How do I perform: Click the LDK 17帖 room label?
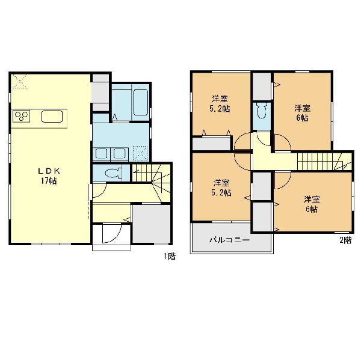pyautogui.click(x=49, y=176)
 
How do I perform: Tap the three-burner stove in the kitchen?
pyautogui.click(x=22, y=116)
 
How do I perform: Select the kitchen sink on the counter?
pyautogui.click(x=52, y=116)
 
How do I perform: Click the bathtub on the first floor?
pyautogui.click(x=140, y=102)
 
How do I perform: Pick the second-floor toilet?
pyautogui.click(x=261, y=111)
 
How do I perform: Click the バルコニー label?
pyautogui.click(x=230, y=240)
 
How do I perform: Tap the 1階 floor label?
pyautogui.click(x=170, y=256)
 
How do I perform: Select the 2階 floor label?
pyautogui.click(x=345, y=240)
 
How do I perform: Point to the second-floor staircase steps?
pyautogui.click(x=325, y=162)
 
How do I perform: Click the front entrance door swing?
pyautogui.click(x=111, y=233)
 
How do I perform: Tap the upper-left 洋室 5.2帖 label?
pyautogui.click(x=220, y=104)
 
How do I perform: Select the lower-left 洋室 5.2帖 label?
pyautogui.click(x=221, y=188)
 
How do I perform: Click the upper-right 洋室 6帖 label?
pyautogui.click(x=303, y=113)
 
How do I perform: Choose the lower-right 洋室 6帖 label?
pyautogui.click(x=312, y=204)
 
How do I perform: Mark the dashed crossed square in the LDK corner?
pyautogui.click(x=19, y=81)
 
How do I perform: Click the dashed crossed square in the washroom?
pyautogui.click(x=141, y=153)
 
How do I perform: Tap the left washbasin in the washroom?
pyautogui.click(x=101, y=154)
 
